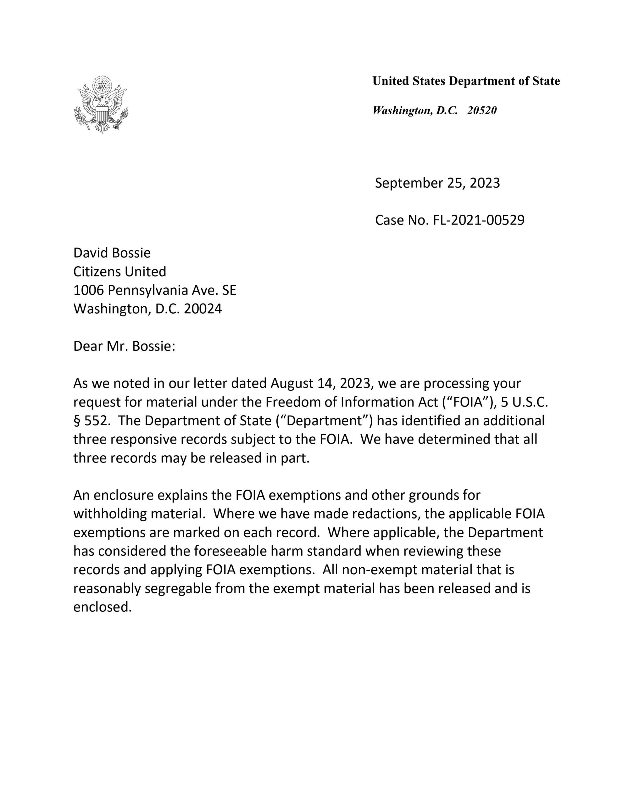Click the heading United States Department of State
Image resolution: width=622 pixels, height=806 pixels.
tap(466, 81)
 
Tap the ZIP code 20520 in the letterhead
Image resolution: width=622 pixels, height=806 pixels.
tap(481, 110)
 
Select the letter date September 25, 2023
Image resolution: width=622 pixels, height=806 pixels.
tap(437, 183)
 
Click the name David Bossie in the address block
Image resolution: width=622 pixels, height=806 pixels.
tap(112, 253)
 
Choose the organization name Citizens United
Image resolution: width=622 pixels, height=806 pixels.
tap(120, 272)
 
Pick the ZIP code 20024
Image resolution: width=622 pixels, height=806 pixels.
tap(203, 309)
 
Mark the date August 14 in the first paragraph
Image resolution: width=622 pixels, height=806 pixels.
tap(302, 384)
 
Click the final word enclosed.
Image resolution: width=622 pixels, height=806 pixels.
tap(103, 607)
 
